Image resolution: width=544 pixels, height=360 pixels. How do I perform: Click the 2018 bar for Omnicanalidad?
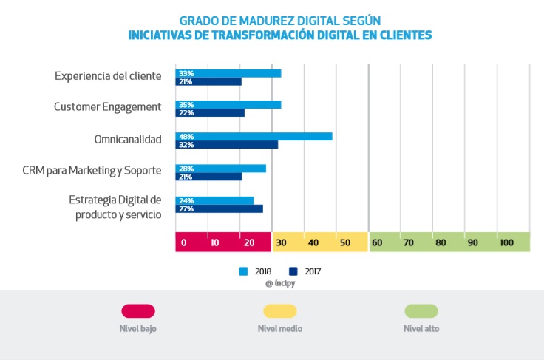pyautogui.click(x=254, y=136)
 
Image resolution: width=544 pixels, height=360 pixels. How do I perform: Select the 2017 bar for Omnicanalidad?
pyautogui.click(x=226, y=145)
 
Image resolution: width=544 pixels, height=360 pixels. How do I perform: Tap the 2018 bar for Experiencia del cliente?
pyautogui.click(x=228, y=73)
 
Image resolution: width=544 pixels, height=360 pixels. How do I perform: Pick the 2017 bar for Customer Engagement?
pyautogui.click(x=210, y=113)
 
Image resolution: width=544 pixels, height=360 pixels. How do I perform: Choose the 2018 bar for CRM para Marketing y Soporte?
pyautogui.click(x=220, y=169)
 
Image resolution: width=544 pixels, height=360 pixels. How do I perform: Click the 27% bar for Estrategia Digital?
pyautogui.click(x=219, y=208)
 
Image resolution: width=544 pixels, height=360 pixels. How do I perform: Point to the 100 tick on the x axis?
pyautogui.click(x=506, y=242)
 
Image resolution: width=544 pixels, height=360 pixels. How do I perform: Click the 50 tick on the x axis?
pyautogui.click(x=345, y=242)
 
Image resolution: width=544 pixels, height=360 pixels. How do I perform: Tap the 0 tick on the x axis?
pyautogui.click(x=183, y=242)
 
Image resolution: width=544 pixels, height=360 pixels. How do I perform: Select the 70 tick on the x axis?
pyautogui.click(x=409, y=242)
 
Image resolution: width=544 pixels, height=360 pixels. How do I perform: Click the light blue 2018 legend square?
pyautogui.click(x=243, y=271)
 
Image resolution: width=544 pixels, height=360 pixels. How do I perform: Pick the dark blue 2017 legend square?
pyautogui.click(x=293, y=271)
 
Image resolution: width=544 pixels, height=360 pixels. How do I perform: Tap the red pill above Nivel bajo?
pyautogui.click(x=138, y=311)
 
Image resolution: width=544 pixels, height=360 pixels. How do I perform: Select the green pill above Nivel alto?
pyautogui.click(x=421, y=311)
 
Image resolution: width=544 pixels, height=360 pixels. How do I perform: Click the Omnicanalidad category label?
pyautogui.click(x=127, y=139)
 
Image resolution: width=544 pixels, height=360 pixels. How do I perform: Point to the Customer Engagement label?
pyautogui.click(x=107, y=107)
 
